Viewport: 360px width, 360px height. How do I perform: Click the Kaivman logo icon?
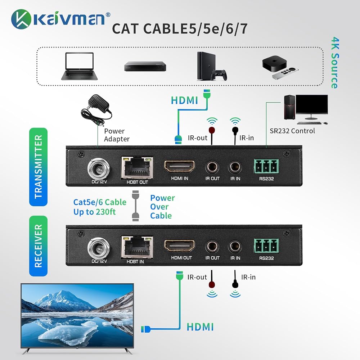pyautogui.click(x=21, y=19)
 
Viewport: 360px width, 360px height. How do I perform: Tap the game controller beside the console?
pyautogui.click(x=219, y=75)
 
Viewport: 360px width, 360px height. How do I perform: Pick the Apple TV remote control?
pyautogui.click(x=285, y=73)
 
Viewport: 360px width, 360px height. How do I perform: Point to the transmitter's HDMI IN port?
pyautogui.click(x=179, y=167)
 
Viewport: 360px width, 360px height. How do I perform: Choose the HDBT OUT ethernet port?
pyautogui.click(x=137, y=168)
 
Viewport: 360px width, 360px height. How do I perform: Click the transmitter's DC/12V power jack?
pyautogui.click(x=99, y=169)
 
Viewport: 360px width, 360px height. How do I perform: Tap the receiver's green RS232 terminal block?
pyautogui.click(x=266, y=246)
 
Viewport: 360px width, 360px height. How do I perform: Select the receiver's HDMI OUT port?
pyautogui.click(x=179, y=246)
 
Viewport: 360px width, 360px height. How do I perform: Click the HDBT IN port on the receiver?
pyautogui.click(x=137, y=247)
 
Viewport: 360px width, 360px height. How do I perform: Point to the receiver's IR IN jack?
pyautogui.click(x=235, y=247)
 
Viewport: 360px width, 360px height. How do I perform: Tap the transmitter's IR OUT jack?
pyautogui.click(x=212, y=167)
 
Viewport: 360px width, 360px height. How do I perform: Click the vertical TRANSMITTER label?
pyautogui.click(x=39, y=167)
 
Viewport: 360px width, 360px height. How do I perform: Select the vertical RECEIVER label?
pyautogui.click(x=39, y=246)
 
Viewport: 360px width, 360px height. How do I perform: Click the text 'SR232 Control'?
pyautogui.click(x=292, y=131)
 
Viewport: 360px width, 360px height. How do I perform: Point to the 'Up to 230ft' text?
pyautogui.click(x=95, y=212)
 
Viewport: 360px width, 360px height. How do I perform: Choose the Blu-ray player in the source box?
pyautogui.click(x=145, y=66)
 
